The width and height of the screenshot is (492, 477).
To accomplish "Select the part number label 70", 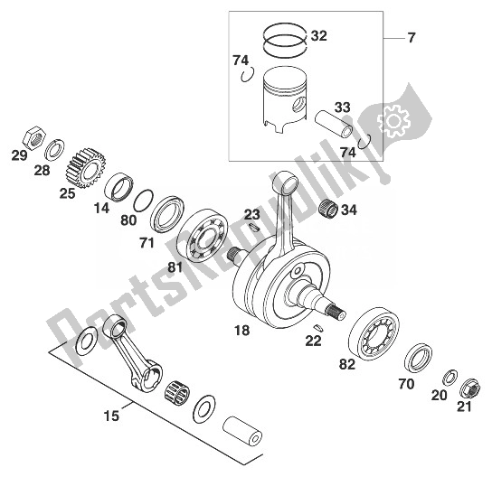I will (406, 384).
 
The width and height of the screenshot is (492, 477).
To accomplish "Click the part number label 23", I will (252, 215).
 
